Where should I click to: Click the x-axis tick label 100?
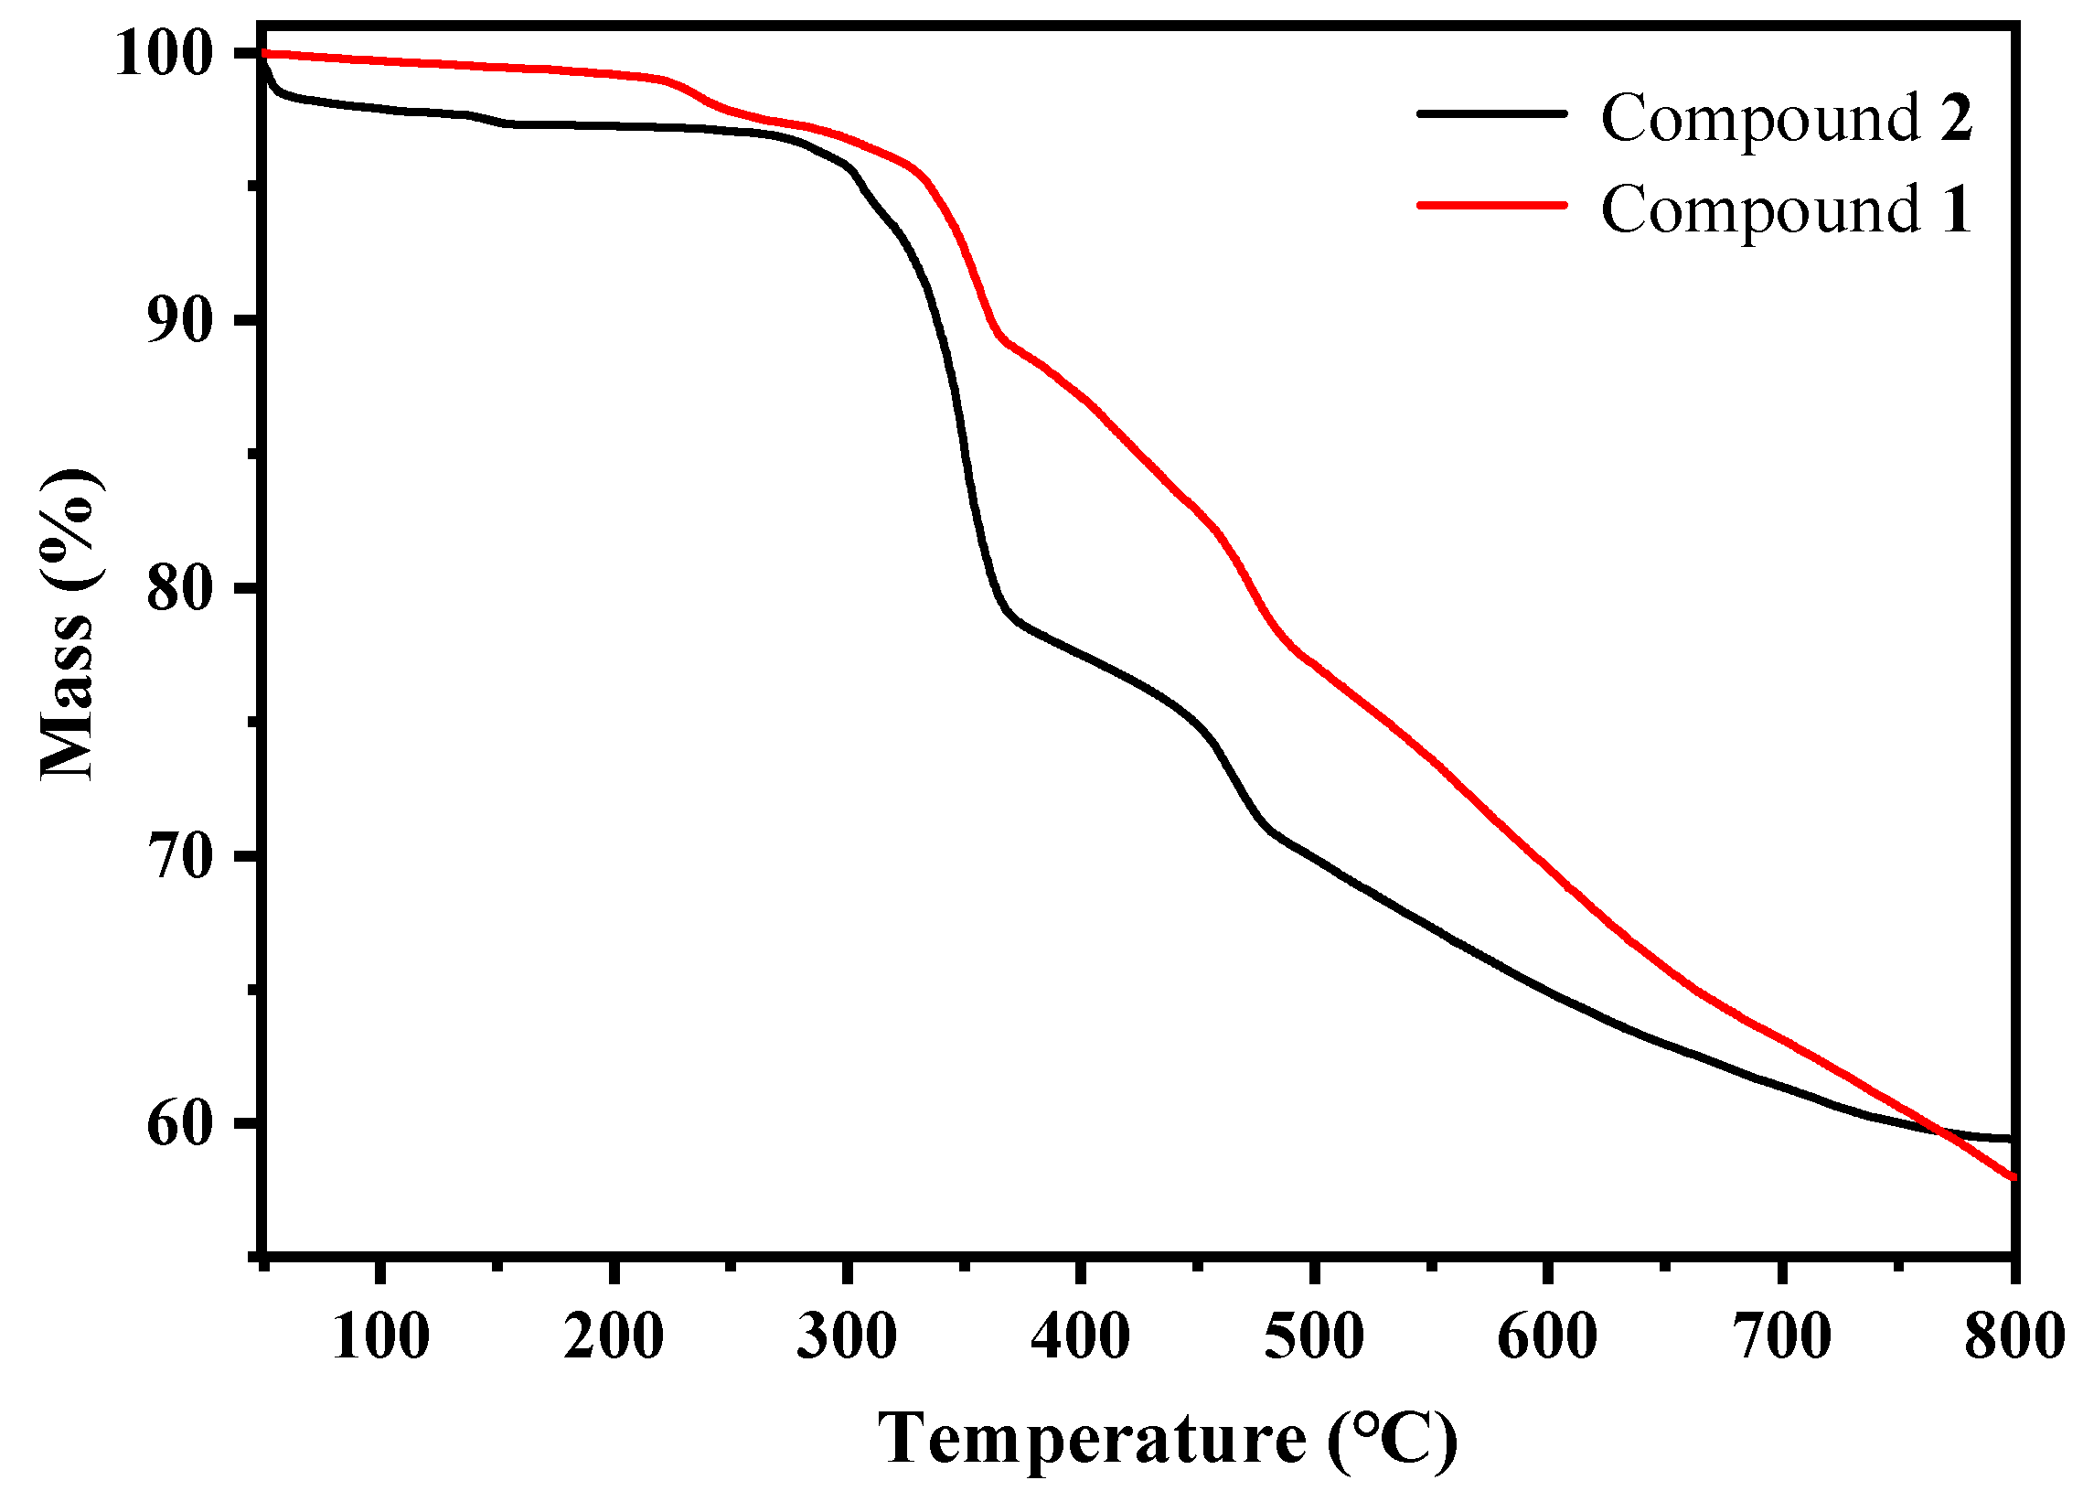coord(379,1336)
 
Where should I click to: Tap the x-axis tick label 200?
coord(613,1336)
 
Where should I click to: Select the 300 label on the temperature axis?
coord(846,1336)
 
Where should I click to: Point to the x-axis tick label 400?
coord(1080,1336)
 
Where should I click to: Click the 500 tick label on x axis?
coord(1314,1336)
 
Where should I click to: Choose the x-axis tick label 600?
coord(1547,1336)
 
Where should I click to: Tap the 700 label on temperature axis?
coord(1781,1336)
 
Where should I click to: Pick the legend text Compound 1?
coord(1786,209)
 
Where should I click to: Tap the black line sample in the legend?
coord(1490,113)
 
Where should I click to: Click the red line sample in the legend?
coord(1490,205)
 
